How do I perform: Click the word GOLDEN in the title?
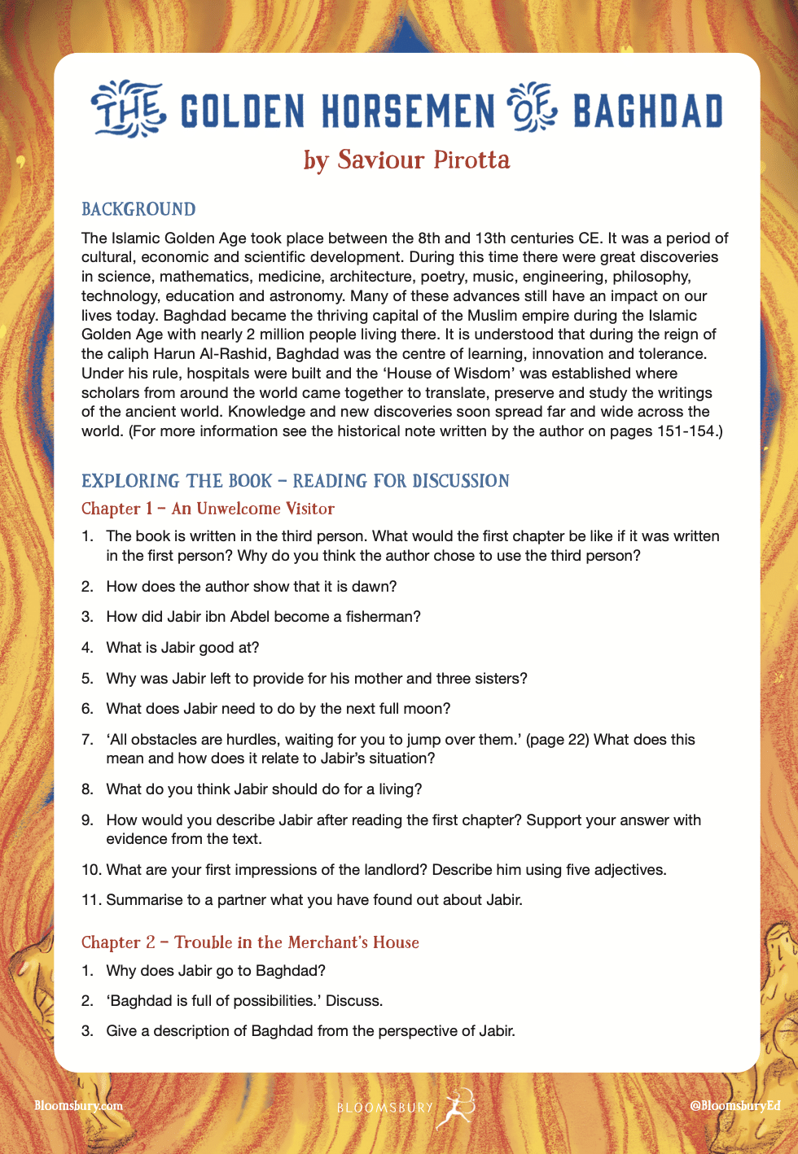[242, 111]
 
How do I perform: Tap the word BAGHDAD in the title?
[647, 111]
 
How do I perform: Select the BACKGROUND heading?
[138, 209]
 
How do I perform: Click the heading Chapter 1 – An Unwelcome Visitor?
[208, 509]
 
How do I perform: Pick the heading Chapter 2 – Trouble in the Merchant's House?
[250, 942]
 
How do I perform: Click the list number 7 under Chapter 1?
[87, 740]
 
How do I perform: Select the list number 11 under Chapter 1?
[90, 900]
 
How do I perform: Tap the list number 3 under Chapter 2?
[87, 1031]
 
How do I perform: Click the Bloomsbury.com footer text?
[78, 1106]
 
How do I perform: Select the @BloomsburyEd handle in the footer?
[734, 1106]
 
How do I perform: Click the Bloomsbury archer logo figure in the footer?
[454, 1107]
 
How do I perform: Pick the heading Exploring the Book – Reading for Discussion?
[295, 481]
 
